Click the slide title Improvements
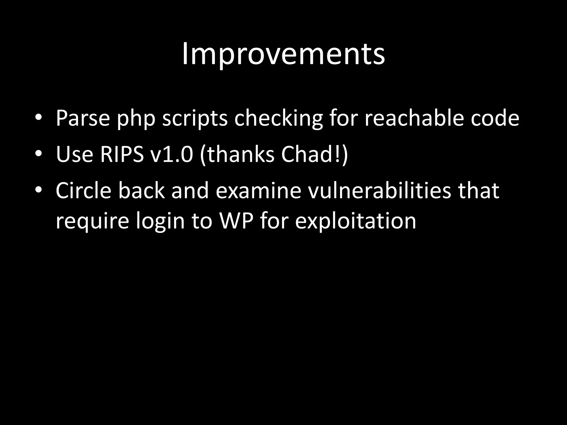click(x=283, y=54)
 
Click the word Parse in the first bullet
click(x=83, y=118)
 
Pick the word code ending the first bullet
click(x=495, y=118)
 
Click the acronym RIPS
click(x=122, y=154)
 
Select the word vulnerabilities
click(x=380, y=191)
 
